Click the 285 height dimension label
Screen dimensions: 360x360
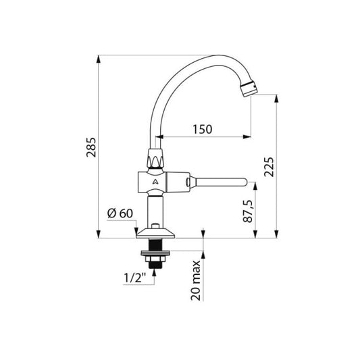point(91,147)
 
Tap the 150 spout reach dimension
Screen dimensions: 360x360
point(202,129)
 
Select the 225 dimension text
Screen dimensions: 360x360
point(269,167)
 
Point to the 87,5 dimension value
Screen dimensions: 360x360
point(248,211)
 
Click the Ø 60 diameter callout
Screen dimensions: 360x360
point(120,213)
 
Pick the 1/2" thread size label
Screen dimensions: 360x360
point(135,278)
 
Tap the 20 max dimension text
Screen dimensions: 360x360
point(196,280)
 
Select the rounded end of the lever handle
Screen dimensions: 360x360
point(245,182)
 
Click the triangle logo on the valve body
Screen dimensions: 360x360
point(155,182)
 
